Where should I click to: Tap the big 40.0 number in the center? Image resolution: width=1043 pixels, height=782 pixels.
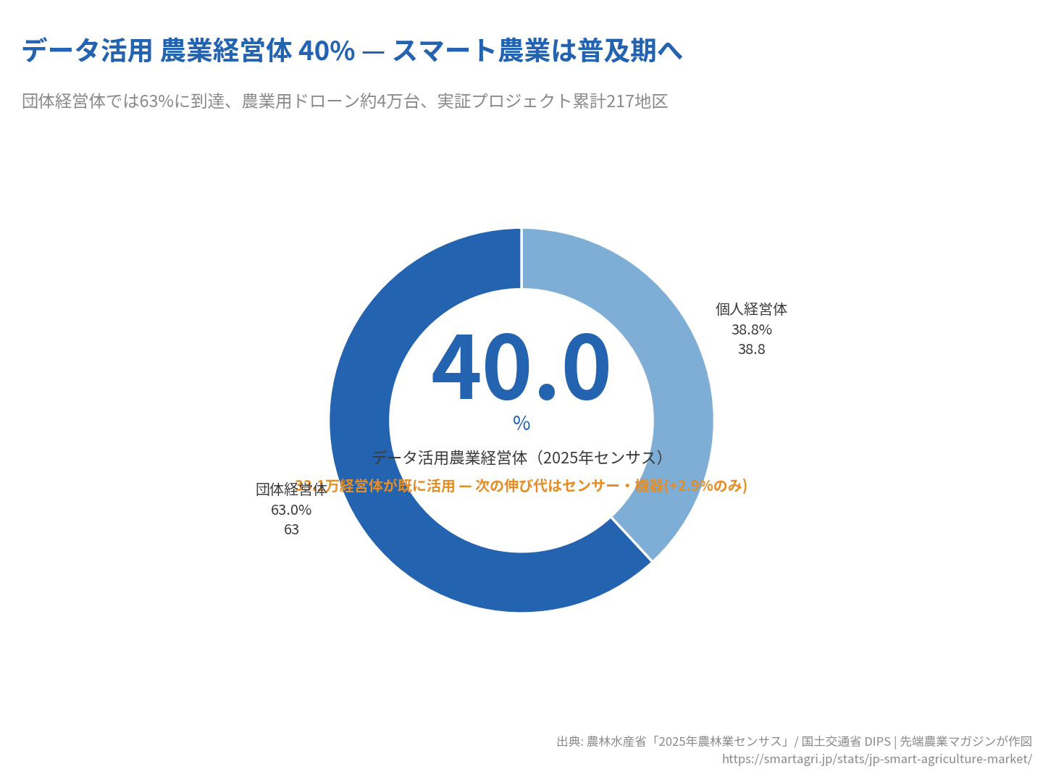click(521, 367)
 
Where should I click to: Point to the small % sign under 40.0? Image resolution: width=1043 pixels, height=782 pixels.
click(521, 424)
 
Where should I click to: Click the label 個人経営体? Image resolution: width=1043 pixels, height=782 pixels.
click(751, 309)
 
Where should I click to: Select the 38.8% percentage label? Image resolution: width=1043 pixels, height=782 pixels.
click(751, 329)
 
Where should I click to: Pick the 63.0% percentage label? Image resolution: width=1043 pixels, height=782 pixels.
click(291, 510)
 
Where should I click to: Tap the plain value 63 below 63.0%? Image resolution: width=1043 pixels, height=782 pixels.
click(291, 529)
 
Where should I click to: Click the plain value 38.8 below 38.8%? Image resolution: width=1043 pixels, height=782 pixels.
click(751, 349)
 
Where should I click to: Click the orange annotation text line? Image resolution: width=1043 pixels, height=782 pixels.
click(521, 486)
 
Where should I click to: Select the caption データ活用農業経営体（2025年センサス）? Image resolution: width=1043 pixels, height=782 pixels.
click(519, 458)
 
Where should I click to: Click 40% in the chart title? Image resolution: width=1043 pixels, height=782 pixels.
click(327, 51)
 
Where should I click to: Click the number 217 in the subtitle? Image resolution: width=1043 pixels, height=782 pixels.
click(620, 101)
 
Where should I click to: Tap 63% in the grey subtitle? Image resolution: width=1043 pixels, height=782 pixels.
click(156, 101)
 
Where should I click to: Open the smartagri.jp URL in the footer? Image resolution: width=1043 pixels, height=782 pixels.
click(876, 759)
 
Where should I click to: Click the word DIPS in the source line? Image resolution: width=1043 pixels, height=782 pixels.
click(877, 741)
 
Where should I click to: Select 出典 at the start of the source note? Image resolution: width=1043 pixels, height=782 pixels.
click(569, 741)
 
